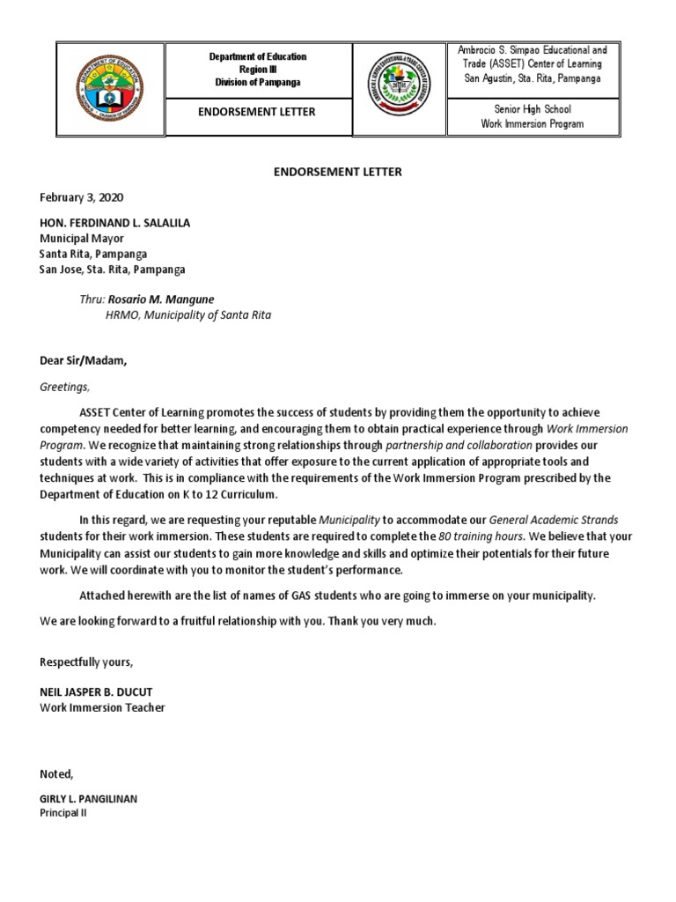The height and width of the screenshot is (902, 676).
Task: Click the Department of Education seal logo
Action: pos(111,89)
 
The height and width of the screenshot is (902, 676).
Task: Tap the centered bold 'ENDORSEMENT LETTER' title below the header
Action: pos(338,172)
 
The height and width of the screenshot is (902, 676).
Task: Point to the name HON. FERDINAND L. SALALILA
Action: pos(114,223)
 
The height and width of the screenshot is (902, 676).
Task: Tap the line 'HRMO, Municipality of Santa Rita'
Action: pos(188,314)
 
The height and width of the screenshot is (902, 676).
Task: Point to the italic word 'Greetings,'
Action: pos(65,386)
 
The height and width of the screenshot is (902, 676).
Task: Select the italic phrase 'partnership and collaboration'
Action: pos(456,445)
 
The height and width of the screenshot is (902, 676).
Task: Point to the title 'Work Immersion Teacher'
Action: pos(102,707)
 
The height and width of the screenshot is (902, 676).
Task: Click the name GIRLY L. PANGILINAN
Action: pos(88,799)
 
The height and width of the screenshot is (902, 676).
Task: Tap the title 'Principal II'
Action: pos(63,813)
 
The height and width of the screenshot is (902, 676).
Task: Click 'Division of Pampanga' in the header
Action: pos(258,82)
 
